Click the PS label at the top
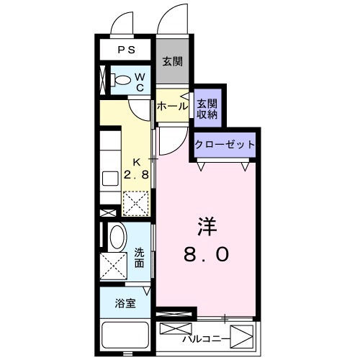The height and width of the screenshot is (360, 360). click(x=126, y=50)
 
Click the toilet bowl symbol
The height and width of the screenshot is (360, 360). click(x=122, y=81)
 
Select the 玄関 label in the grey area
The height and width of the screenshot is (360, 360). click(x=171, y=61)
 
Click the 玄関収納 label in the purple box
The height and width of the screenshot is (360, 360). click(x=207, y=107)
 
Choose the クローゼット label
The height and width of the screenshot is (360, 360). click(x=225, y=144)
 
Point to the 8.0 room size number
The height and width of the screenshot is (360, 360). click(x=207, y=253)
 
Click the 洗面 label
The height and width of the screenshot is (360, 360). click(x=139, y=257)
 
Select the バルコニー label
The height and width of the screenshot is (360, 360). click(x=206, y=337)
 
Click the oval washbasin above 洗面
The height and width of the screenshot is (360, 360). click(x=115, y=237)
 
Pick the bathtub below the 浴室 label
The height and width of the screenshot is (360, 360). click(x=126, y=336)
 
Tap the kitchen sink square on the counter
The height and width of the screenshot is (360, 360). click(x=110, y=179)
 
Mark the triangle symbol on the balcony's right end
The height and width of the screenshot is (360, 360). click(x=245, y=336)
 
